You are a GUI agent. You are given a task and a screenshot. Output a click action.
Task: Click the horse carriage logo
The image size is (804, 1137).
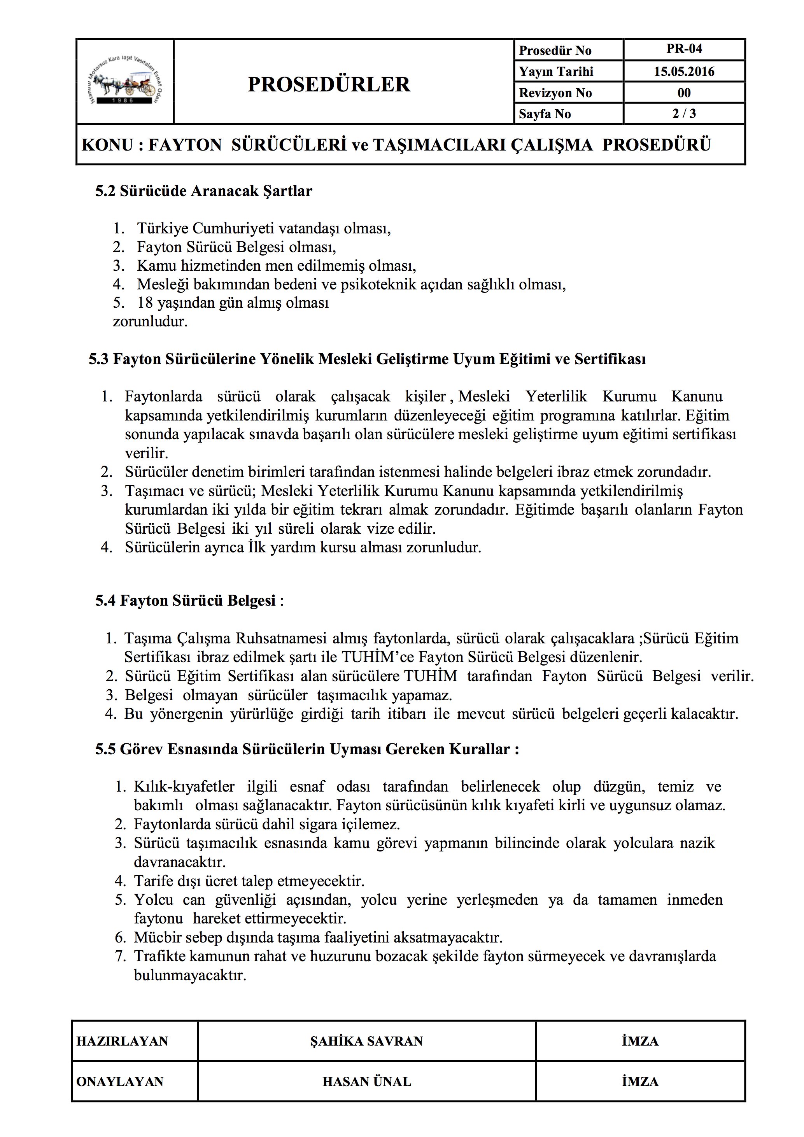(x=125, y=82)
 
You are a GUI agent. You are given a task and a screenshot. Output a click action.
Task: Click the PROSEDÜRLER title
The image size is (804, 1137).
(x=329, y=84)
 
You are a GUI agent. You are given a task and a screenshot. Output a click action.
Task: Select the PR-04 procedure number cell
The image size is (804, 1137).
(x=684, y=49)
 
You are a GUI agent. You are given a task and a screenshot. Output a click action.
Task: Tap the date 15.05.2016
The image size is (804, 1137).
(x=684, y=71)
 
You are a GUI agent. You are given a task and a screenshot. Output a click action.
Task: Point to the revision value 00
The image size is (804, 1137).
(x=684, y=93)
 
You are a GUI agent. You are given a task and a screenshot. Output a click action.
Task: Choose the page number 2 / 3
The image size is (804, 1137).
(x=684, y=114)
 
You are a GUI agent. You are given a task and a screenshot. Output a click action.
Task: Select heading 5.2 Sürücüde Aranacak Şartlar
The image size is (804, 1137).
(x=203, y=191)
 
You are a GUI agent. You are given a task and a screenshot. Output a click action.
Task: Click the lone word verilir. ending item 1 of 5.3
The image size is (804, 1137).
(x=146, y=453)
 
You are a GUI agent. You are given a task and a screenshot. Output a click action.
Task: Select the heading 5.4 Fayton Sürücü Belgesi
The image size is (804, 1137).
(x=185, y=601)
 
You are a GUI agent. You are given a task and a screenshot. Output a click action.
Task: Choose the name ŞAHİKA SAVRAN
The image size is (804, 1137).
(x=366, y=1041)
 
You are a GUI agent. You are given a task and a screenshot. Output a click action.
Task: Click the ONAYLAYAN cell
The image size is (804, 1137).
(x=120, y=1081)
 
